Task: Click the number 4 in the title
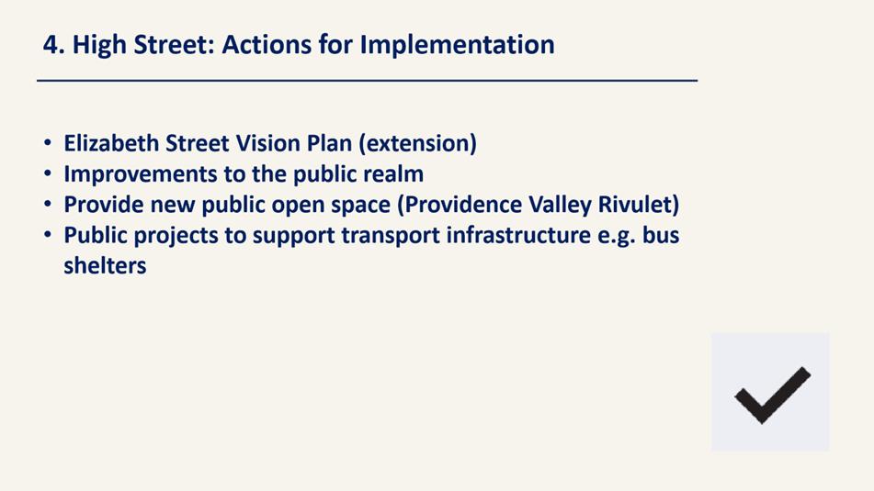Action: tap(51, 45)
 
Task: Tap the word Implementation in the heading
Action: tap(457, 45)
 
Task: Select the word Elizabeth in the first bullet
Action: tap(111, 143)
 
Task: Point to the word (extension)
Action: tap(417, 143)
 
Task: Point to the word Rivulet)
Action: tap(638, 205)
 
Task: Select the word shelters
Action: tap(105, 265)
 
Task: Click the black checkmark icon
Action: tap(772, 395)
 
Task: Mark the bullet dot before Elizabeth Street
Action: tap(48, 143)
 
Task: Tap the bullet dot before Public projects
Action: tap(48, 236)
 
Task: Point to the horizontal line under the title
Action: tap(368, 81)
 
